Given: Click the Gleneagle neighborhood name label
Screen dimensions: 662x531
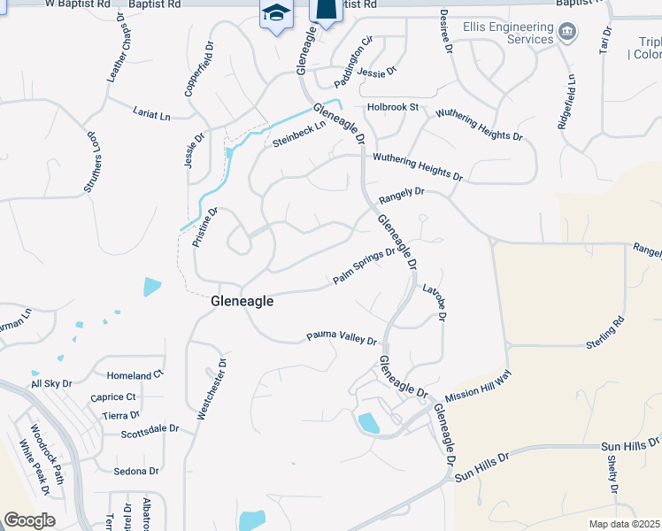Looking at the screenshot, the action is [242, 301].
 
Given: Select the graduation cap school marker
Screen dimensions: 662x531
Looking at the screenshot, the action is [276, 13].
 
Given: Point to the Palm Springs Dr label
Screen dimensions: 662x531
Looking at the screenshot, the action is [363, 266].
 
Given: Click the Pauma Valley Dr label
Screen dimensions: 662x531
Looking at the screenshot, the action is [342, 338].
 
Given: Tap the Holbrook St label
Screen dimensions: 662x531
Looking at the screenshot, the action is [393, 107].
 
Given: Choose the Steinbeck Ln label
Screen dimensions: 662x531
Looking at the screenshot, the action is [299, 134].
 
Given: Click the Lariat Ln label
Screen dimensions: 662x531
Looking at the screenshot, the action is [151, 115].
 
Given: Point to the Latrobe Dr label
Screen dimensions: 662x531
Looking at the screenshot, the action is [435, 301].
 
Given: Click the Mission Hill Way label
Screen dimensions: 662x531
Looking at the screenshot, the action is [479, 387].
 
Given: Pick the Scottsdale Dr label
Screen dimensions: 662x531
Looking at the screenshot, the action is [150, 428].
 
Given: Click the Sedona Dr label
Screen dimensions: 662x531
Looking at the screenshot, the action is [136, 471].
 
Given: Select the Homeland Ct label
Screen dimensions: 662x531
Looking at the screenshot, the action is [135, 375].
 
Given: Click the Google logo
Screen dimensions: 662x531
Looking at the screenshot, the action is [29, 519].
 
